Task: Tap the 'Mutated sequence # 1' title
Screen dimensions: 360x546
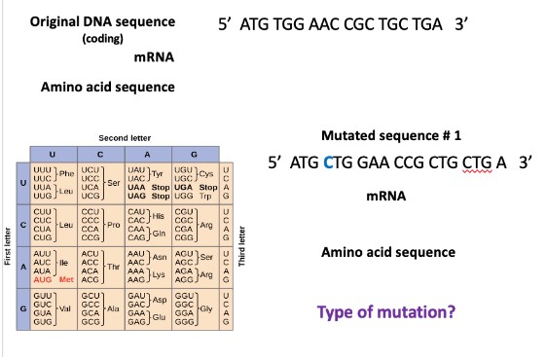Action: pyautogui.click(x=389, y=136)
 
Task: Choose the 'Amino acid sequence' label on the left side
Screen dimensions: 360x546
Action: pyautogui.click(x=107, y=88)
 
